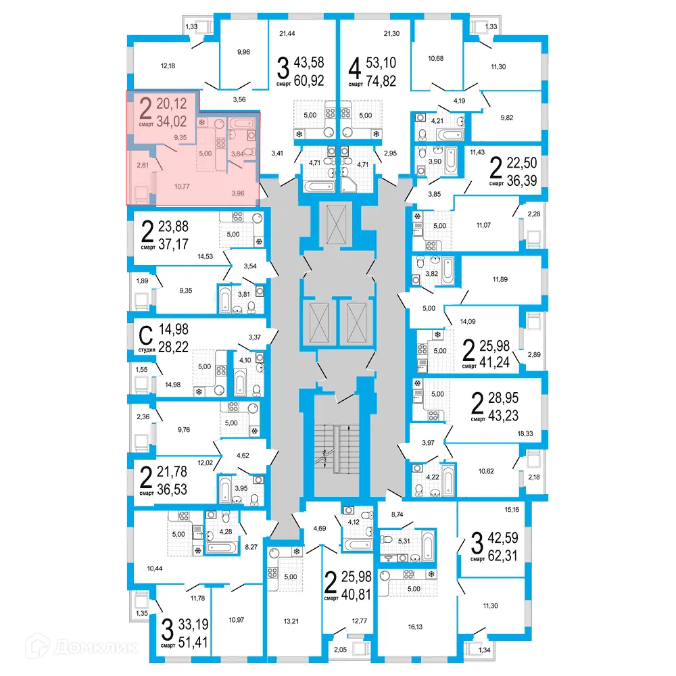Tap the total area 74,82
tap(381, 82)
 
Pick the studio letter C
tap(144, 335)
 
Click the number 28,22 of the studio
tap(173, 347)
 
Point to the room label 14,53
tap(206, 257)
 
